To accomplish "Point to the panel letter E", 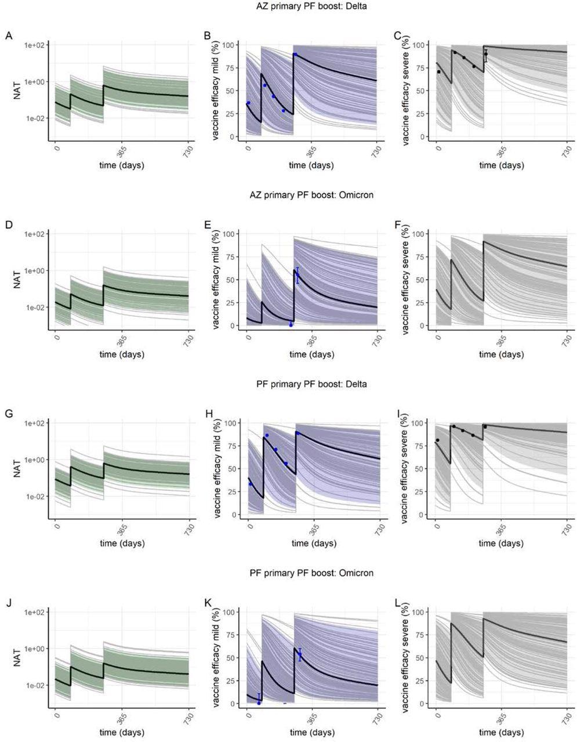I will tap(208, 225).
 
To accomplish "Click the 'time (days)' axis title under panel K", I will tap(312, 733).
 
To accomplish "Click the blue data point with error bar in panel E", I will tap(297, 274).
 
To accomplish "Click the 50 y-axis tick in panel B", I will tap(230, 91).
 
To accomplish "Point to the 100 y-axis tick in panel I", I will tap(420, 423).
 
